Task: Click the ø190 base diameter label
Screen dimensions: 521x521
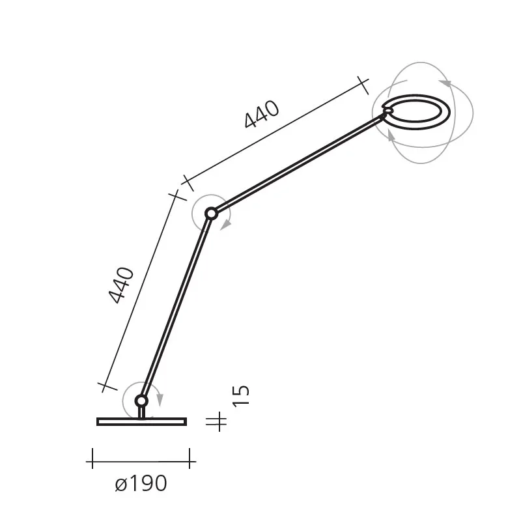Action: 141,484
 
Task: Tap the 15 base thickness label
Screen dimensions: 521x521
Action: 240,396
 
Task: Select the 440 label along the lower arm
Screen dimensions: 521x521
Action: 121,285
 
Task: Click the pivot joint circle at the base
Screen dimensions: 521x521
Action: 141,401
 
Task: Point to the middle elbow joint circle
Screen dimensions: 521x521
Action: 211,214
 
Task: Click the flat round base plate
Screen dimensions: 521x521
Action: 141,421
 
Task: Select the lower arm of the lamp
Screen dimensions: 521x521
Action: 176,307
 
